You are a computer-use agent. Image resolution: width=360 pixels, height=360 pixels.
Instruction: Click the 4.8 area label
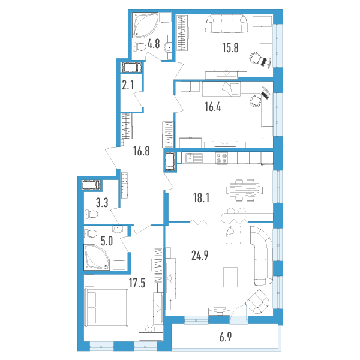(154, 44)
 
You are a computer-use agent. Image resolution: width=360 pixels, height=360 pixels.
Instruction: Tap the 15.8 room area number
(230, 48)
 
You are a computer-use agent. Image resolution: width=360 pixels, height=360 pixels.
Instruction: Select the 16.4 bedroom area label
(212, 107)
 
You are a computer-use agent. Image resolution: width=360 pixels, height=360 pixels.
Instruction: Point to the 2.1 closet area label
(128, 85)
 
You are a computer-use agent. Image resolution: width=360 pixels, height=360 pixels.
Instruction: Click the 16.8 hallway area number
(141, 151)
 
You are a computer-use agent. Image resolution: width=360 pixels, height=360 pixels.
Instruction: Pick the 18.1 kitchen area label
(201, 198)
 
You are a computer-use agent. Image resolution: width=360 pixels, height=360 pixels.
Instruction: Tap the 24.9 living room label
(200, 256)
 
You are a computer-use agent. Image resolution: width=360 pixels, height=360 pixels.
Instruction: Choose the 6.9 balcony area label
(226, 337)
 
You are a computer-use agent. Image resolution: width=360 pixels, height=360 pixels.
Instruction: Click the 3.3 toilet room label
(102, 203)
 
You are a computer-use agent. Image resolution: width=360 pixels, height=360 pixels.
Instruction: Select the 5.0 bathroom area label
(107, 241)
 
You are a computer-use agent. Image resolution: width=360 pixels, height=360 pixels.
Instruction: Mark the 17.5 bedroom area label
(137, 283)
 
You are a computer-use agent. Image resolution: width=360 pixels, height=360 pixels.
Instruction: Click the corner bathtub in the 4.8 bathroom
(145, 25)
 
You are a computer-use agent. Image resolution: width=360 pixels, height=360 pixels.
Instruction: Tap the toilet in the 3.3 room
(91, 214)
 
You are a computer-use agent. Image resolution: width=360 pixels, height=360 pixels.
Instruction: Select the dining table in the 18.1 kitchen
(245, 190)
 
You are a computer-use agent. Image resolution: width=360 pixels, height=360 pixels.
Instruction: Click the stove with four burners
(221, 158)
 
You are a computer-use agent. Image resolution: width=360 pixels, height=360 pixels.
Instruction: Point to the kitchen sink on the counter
(194, 158)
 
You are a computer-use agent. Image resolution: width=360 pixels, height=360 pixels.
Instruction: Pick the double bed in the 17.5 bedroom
(106, 307)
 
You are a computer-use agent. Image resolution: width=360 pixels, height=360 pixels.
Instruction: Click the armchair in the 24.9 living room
(257, 302)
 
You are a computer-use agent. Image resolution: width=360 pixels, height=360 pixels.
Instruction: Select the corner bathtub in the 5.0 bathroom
(97, 257)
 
